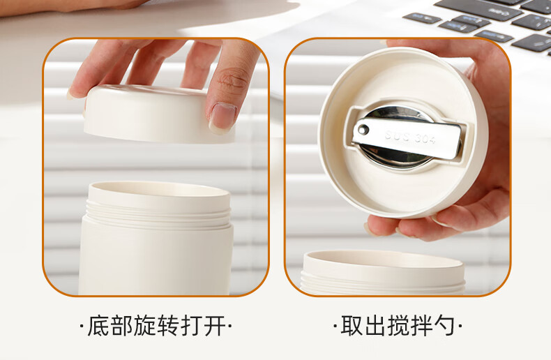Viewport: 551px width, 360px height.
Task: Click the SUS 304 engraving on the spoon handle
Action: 410,137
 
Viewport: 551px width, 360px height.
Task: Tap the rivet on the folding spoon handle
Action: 362,130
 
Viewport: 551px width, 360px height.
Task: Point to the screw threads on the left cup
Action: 158,213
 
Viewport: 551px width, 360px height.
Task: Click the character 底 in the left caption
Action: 98,326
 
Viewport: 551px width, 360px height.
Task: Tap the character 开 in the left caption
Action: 214,326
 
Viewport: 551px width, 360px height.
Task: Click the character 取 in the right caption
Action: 352,326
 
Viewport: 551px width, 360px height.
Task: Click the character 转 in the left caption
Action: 168,326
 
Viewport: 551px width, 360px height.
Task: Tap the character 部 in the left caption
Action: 121,326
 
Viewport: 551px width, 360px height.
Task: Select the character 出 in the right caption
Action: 375,326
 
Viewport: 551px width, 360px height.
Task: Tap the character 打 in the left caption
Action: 191,326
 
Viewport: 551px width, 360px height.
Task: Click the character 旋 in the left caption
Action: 145,326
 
